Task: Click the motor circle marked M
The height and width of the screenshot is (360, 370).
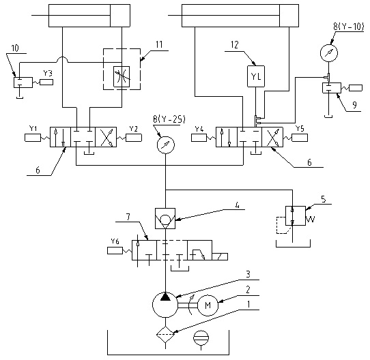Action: click(208, 305)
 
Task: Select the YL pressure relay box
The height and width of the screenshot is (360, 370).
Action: click(256, 76)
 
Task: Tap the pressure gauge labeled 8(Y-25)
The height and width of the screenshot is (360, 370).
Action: click(166, 145)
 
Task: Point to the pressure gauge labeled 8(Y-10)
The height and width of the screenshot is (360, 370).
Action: click(329, 53)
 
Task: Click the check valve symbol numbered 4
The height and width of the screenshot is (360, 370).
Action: click(165, 218)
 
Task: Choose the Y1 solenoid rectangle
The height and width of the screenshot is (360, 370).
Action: click(33, 138)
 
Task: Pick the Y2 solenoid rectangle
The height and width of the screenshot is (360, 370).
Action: click(134, 138)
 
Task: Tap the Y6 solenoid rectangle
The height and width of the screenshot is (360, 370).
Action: click(115, 250)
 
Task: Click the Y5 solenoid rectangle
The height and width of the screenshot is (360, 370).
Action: click(300, 138)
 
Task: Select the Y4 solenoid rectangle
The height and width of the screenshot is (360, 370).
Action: click(199, 138)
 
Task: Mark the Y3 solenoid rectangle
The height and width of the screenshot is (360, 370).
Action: click(46, 82)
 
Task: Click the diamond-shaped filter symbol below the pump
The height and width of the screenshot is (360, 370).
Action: click(165, 334)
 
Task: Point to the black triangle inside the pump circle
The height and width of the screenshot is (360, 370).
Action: click(165, 297)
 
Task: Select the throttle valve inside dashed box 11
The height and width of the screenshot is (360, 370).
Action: click(122, 76)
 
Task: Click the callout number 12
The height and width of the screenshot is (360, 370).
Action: click(235, 45)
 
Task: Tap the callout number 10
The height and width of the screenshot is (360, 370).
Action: click(15, 48)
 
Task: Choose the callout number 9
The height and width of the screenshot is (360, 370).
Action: click(354, 105)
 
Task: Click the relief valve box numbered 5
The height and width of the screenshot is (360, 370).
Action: click(296, 215)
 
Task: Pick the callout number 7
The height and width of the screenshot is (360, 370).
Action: click(128, 217)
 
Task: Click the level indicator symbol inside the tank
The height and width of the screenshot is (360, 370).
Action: click(201, 338)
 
